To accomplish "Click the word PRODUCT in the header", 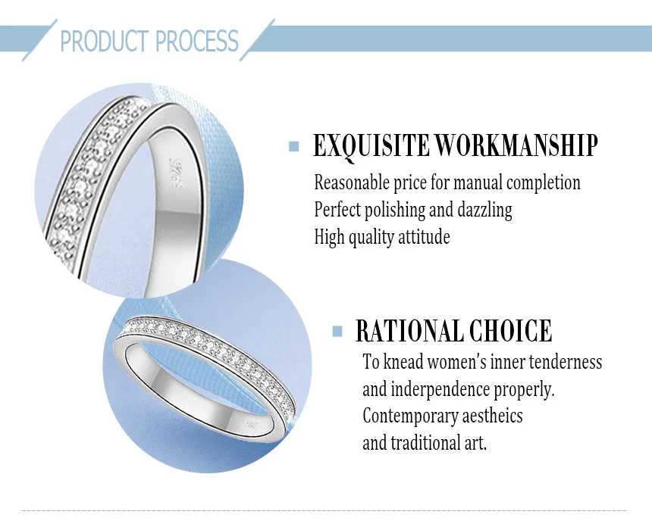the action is [105, 41].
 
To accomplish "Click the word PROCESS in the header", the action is [197, 41].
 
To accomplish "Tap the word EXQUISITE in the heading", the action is [371, 146].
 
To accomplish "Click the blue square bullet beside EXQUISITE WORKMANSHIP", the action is [294, 146].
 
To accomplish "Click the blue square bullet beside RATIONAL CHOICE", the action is [337, 331].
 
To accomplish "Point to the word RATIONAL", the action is [409, 331].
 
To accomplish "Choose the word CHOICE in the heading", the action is [511, 331].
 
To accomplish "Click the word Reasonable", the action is [352, 182].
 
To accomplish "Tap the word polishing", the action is [394, 210].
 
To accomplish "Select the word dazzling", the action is [485, 210].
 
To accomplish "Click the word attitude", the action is [424, 237].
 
